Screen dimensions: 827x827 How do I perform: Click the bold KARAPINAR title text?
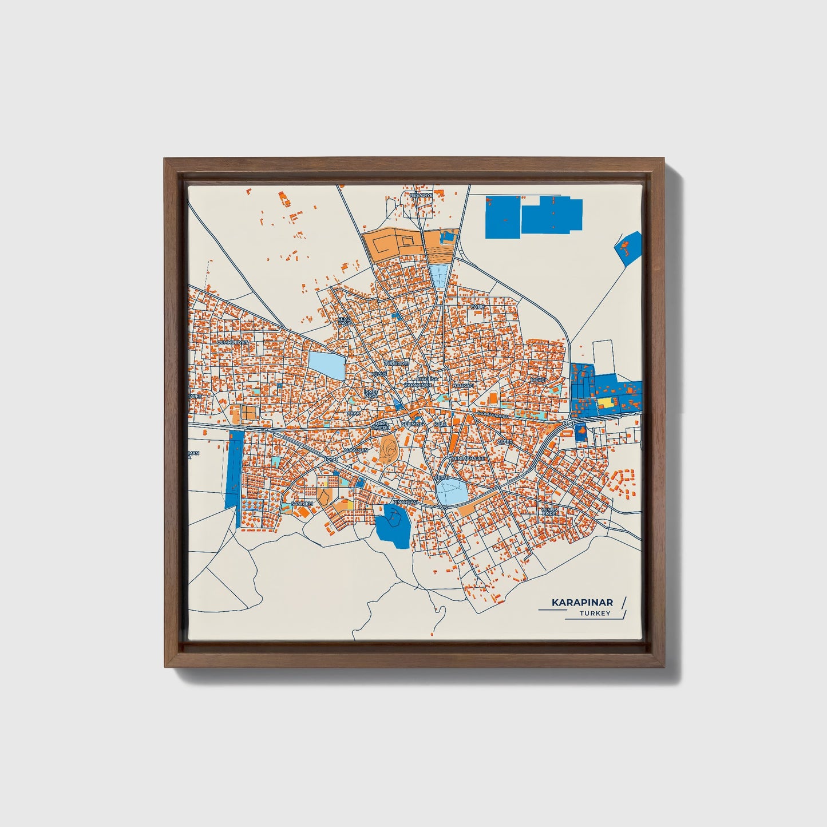(582, 602)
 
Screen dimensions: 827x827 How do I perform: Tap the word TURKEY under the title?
(595, 613)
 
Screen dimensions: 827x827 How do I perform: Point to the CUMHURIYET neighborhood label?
(233, 342)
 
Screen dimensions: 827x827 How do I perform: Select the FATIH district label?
(477, 307)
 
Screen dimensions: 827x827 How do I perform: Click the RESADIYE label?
(421, 195)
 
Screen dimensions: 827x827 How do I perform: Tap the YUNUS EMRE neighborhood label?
(549, 511)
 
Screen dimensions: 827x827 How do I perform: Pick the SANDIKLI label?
(302, 503)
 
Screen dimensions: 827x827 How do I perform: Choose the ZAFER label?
(505, 442)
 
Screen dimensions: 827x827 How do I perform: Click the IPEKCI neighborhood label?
(539, 380)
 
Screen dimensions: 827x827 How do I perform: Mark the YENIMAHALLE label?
(469, 458)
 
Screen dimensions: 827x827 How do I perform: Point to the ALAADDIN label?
(355, 451)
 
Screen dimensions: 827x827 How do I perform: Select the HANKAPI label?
(463, 386)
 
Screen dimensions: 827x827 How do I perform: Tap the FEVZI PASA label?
(344, 321)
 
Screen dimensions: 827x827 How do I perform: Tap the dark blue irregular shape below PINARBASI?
(393, 524)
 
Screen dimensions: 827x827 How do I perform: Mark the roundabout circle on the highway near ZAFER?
(569, 422)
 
